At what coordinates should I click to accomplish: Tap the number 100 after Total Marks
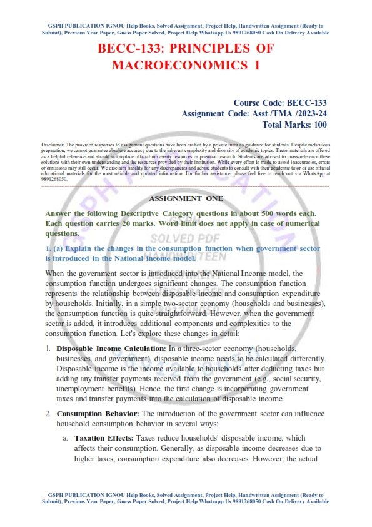318,125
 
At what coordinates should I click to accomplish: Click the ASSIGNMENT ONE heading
186,198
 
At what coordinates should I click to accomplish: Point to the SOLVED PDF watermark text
186,238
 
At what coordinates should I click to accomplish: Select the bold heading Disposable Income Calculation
111,347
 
